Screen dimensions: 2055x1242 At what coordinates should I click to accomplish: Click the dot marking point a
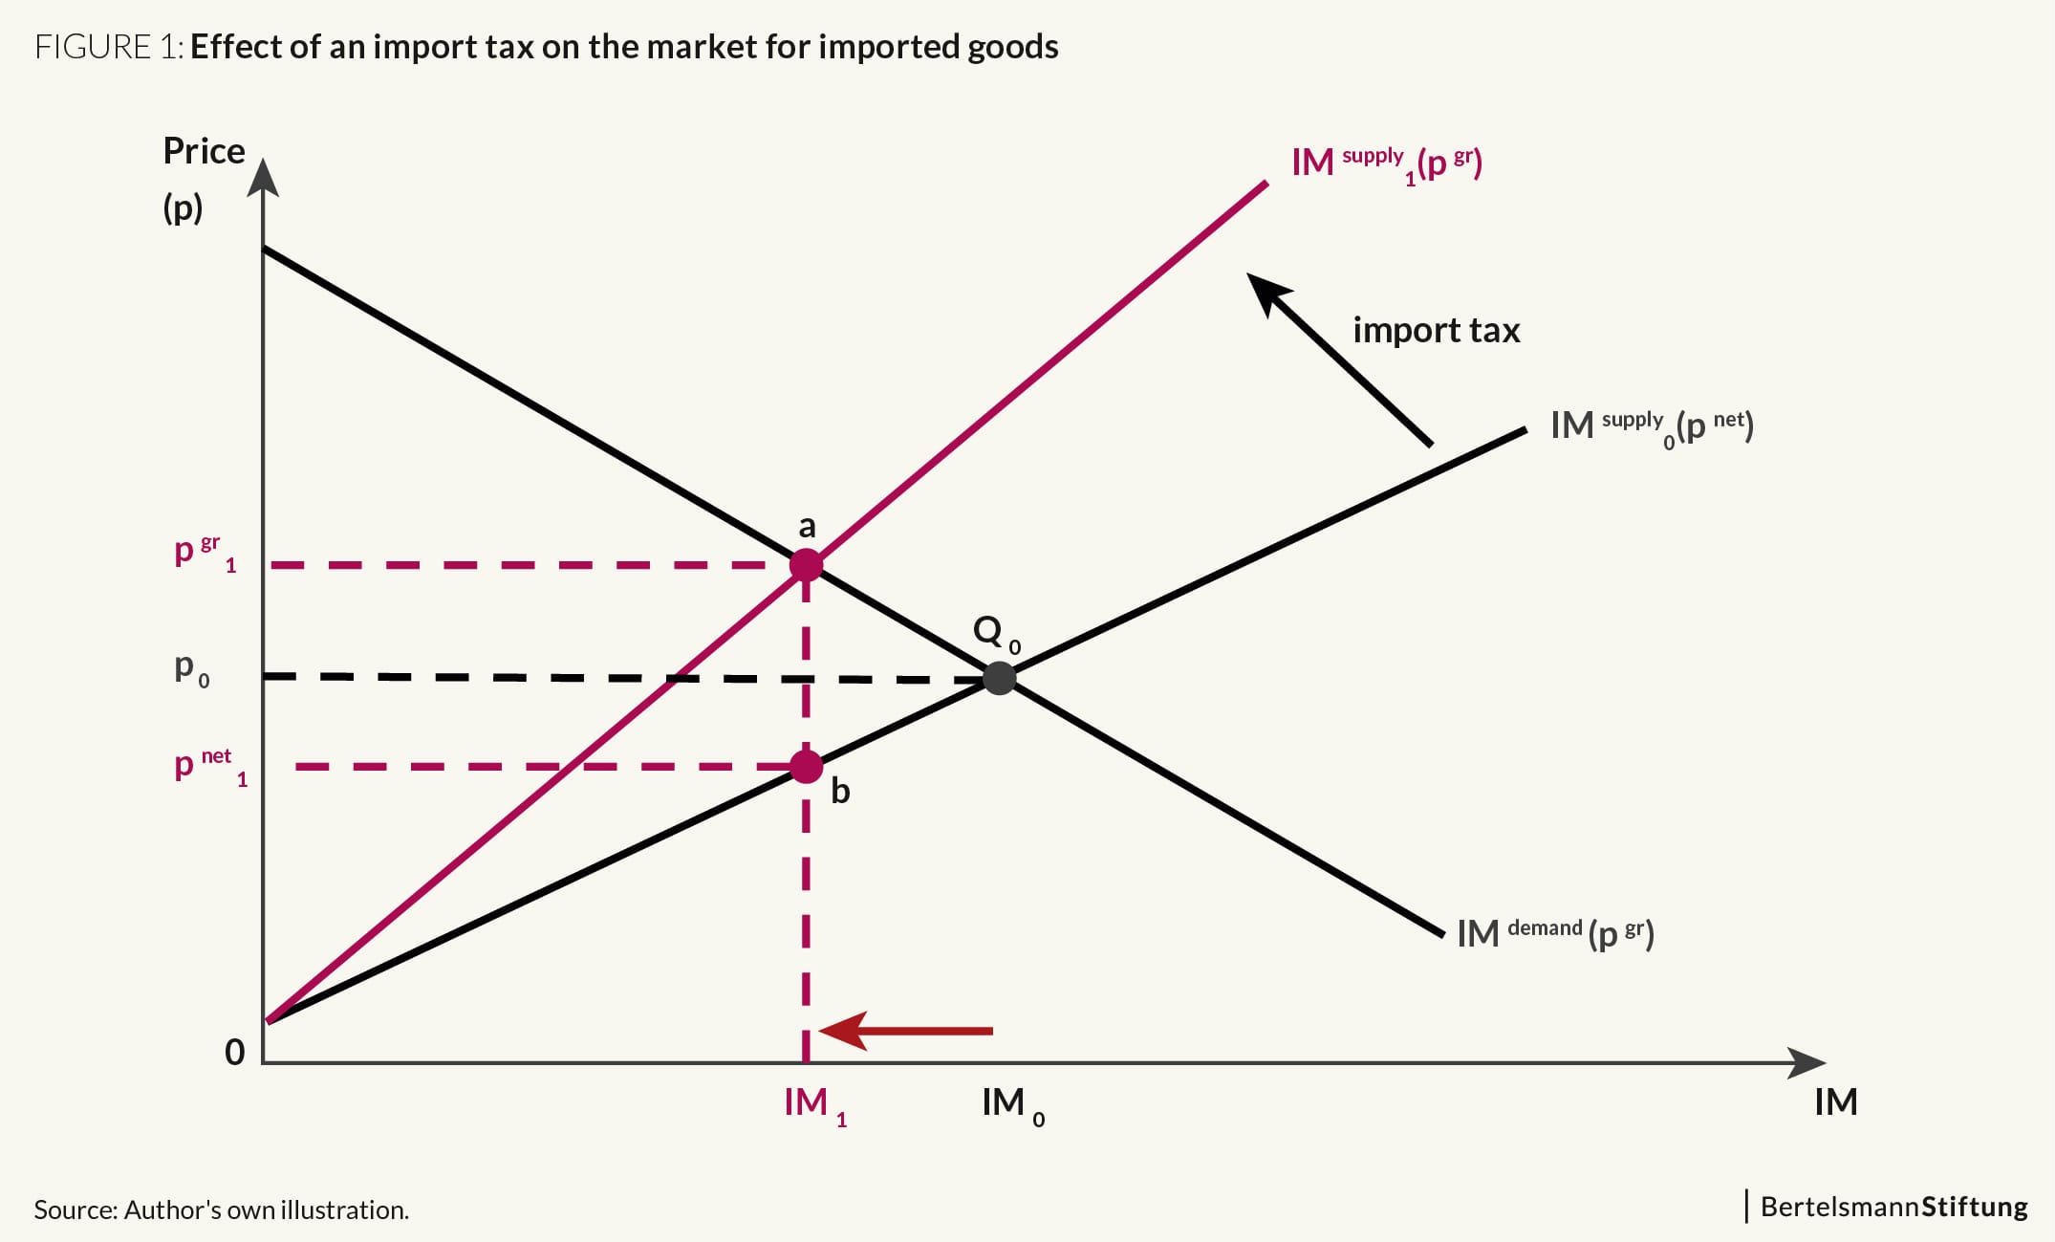(x=806, y=565)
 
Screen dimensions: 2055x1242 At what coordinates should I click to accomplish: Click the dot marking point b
(x=806, y=767)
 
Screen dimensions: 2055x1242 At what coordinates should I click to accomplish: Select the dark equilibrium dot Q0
(x=1000, y=678)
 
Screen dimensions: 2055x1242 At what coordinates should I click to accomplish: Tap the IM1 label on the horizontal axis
(x=814, y=1106)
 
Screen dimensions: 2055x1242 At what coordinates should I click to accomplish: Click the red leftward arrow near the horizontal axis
(x=906, y=1031)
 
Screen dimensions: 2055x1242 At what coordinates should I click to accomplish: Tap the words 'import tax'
(x=1436, y=330)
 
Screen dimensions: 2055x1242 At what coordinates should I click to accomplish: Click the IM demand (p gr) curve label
(x=1555, y=933)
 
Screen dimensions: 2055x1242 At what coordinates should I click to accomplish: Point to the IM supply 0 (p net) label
(x=1652, y=426)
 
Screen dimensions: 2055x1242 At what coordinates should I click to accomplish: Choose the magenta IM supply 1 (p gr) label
(x=1387, y=163)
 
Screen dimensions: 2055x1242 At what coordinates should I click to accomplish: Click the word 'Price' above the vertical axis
(x=204, y=151)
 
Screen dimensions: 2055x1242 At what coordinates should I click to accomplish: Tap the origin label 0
(x=234, y=1052)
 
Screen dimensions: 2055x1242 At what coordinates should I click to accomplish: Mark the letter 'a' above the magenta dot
(x=808, y=526)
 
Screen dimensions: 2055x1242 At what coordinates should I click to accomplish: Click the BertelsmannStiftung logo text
(x=1893, y=1207)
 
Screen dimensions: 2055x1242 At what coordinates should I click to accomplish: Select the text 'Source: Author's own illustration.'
(x=221, y=1209)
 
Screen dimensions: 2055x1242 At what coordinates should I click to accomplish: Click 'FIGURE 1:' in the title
(x=109, y=47)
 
